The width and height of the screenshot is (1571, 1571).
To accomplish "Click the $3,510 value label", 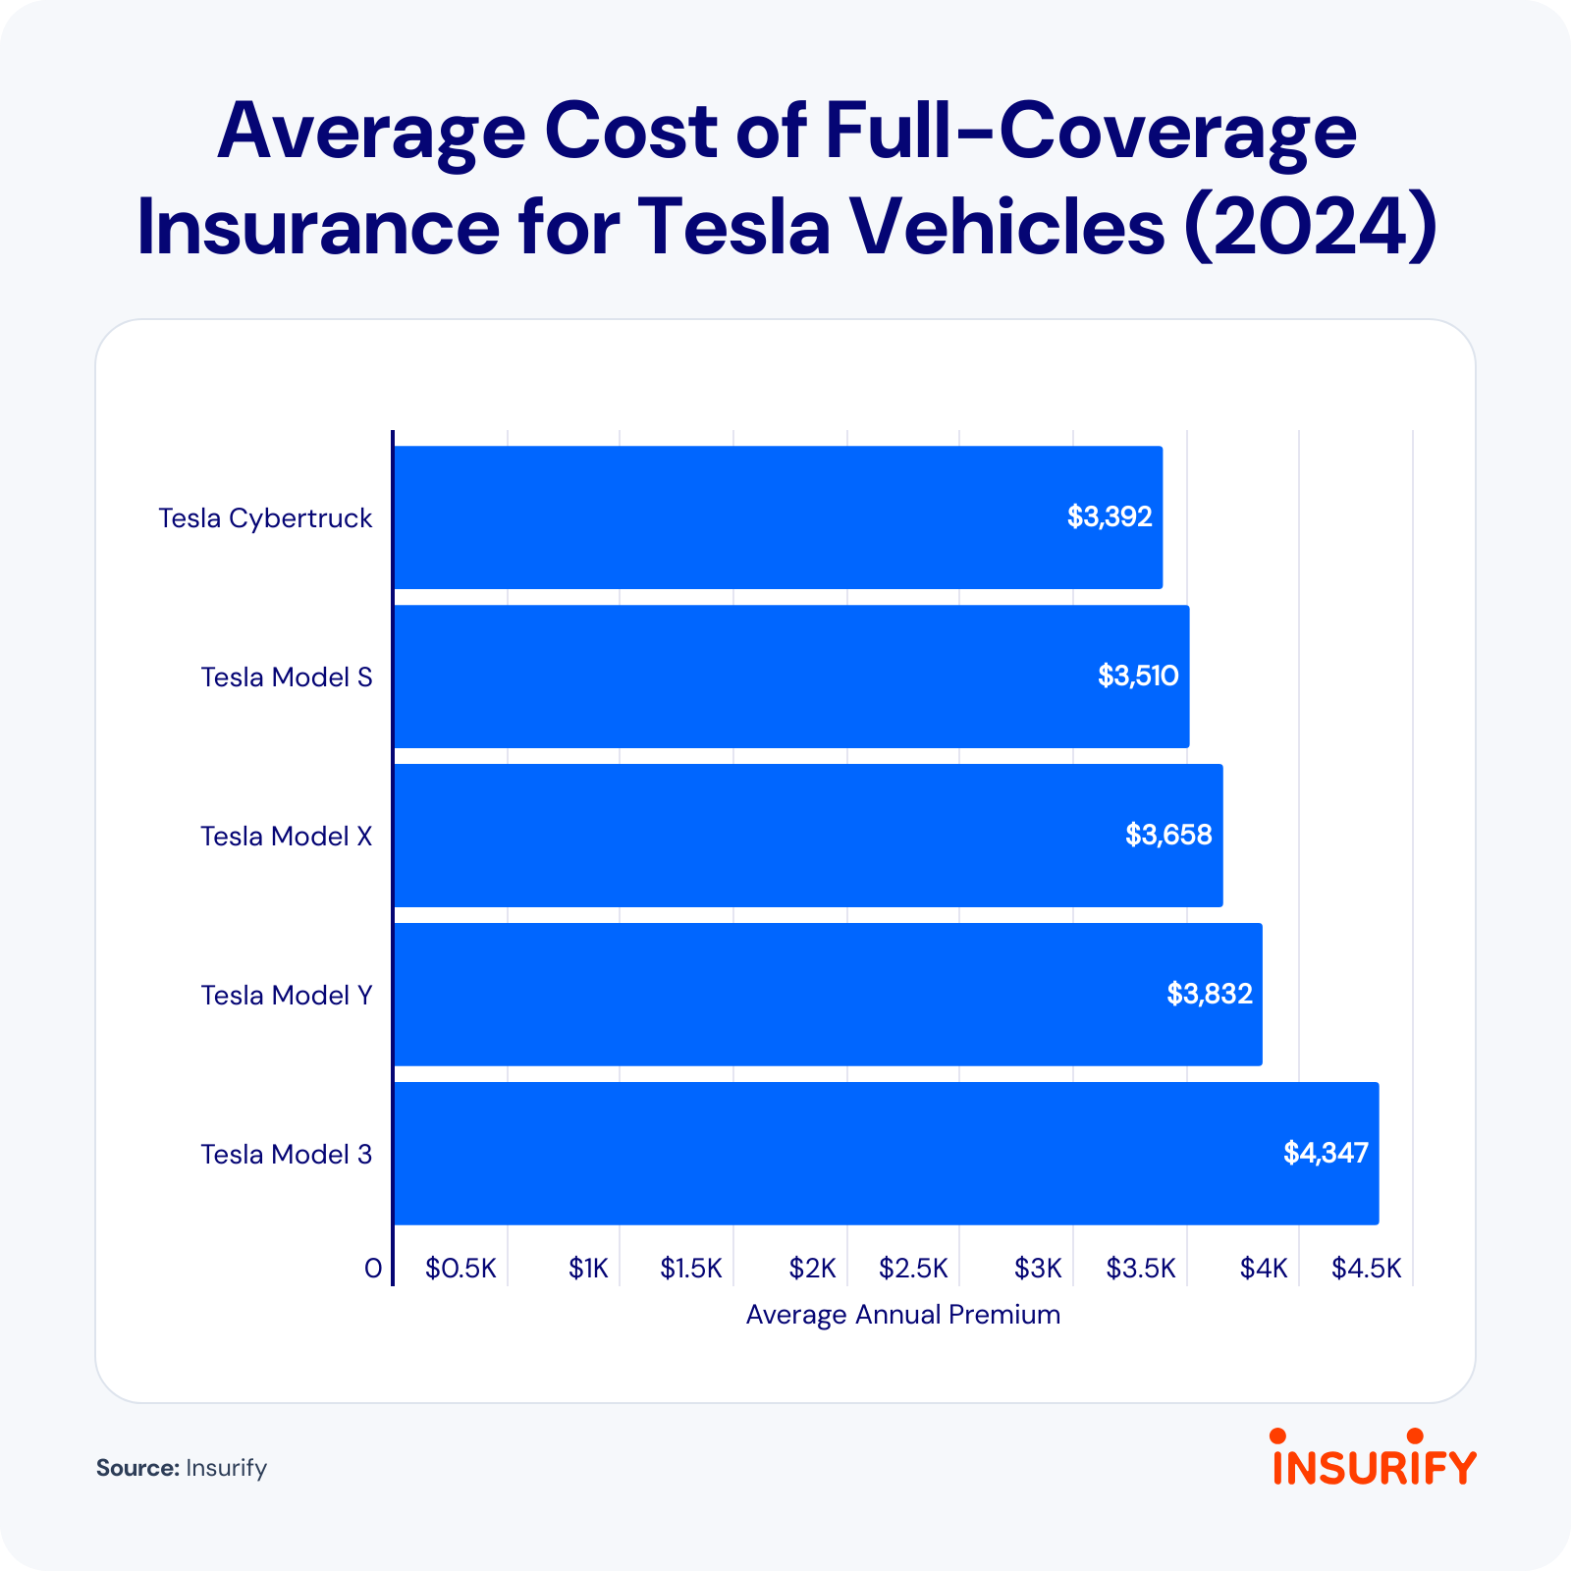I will pos(1138,676).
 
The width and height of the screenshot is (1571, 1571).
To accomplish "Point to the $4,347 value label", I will pos(1326,1153).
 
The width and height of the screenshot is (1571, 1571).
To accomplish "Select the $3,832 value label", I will pos(1210,994).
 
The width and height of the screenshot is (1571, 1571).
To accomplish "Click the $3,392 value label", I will pos(1110,516).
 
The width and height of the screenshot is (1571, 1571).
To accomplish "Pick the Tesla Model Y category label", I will pos(287,996).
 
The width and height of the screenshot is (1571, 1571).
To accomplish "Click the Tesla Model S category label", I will pos(287,677).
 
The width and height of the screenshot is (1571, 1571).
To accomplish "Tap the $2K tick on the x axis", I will pos(812,1269).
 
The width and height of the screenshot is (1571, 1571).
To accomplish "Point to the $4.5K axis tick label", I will pos(1366,1269).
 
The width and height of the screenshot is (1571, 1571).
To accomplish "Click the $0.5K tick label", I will pos(460,1269).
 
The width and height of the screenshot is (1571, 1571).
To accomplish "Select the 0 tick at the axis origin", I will pos(373,1269).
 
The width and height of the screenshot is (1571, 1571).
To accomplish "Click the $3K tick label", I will pos(1038,1269).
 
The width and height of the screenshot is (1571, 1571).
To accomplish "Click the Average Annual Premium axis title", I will pos(903,1315).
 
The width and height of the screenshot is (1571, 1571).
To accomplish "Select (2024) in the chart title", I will pos(1311,227).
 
